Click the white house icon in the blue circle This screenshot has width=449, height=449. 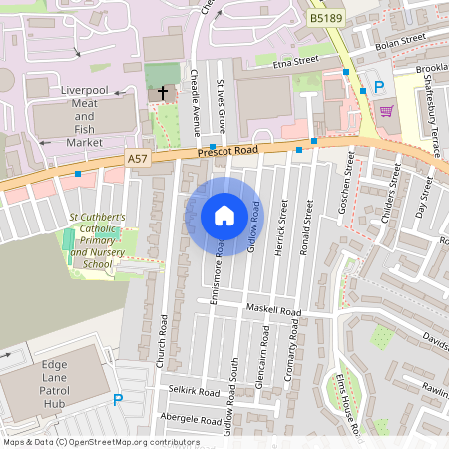pos(224,216)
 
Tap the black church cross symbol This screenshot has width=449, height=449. pos(163,93)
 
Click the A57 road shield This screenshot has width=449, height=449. pos(138,158)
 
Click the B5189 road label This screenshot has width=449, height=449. pos(325,17)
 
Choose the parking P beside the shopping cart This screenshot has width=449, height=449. pos(378,88)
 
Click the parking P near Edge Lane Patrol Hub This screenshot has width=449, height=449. pos(117,400)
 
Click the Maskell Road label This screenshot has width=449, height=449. pos(274,312)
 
